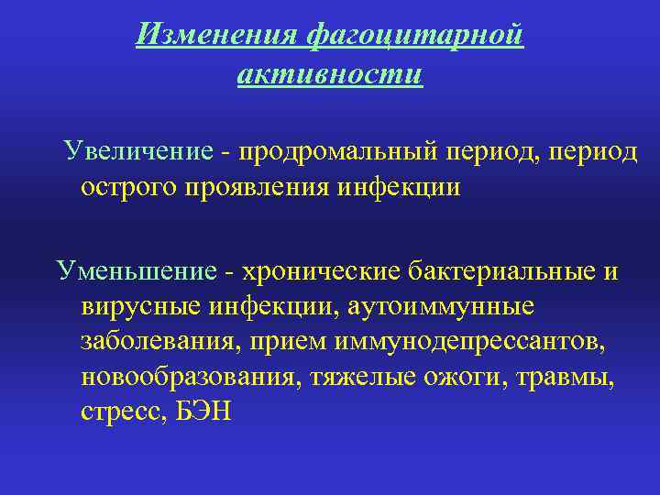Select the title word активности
tap(330, 72)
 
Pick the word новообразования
tap(184, 377)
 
